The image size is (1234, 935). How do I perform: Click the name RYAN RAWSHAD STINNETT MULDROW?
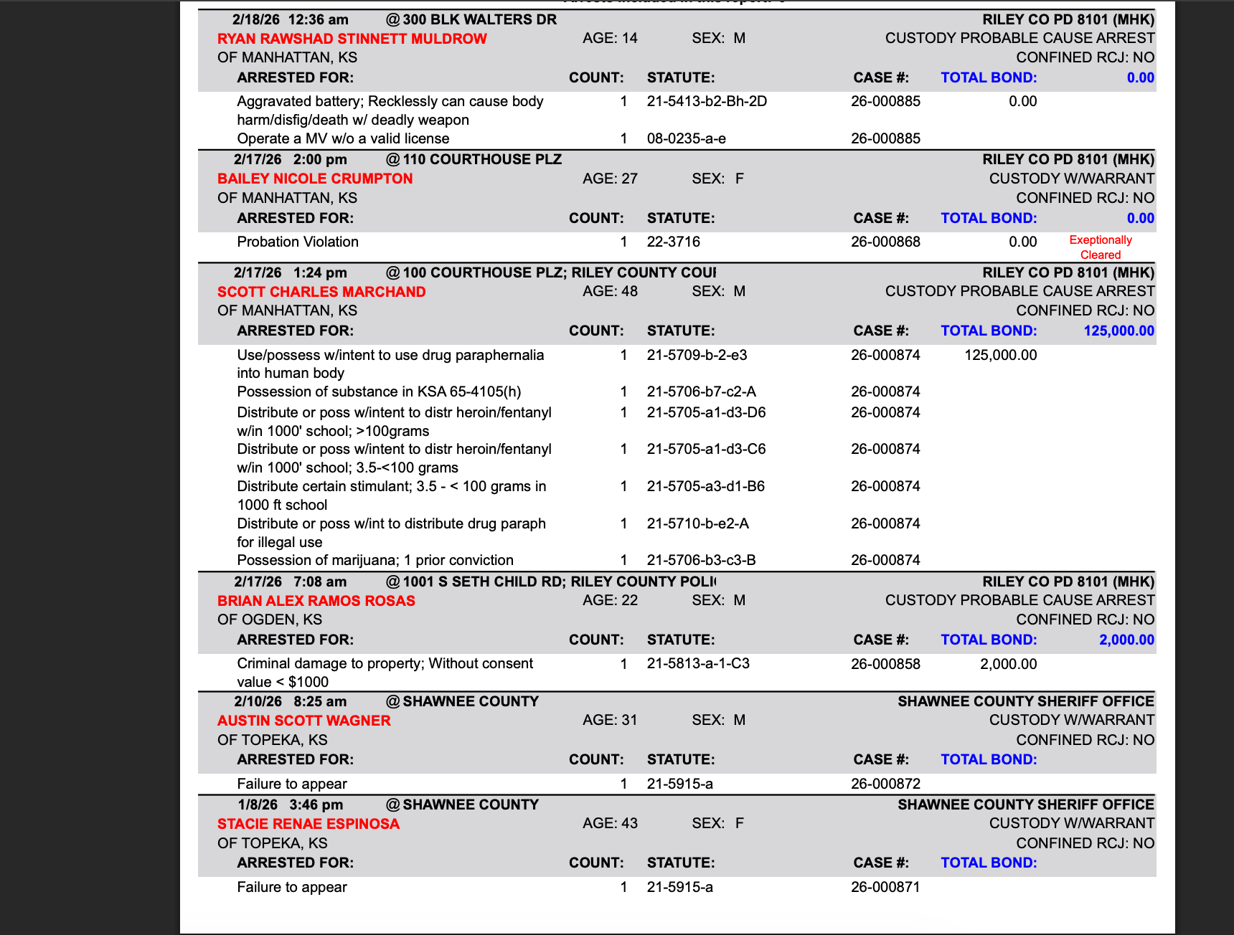coord(352,39)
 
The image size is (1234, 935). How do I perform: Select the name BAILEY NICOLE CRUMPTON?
coord(315,179)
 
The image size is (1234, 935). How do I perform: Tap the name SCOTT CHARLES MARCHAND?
coord(321,292)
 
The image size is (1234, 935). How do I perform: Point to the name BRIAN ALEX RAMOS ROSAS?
coord(316,601)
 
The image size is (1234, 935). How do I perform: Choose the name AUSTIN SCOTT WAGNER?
coord(304,721)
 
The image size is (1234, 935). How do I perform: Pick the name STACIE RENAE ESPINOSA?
coord(308,824)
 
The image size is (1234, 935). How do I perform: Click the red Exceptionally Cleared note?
coord(1100,247)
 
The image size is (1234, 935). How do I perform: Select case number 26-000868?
coord(885,242)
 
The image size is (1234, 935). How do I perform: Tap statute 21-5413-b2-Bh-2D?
coord(707,101)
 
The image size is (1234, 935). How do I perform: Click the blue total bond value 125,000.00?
coord(1118,331)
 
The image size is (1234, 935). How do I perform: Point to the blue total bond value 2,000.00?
coord(1126,640)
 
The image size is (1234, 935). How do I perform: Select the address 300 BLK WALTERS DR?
coord(479,19)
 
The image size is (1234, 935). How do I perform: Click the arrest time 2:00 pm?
coord(320,159)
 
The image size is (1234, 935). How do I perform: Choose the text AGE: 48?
coord(610,291)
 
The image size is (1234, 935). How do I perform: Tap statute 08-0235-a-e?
coord(686,138)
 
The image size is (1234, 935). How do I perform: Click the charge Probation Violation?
coord(298,242)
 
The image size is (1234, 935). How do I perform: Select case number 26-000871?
coord(885,887)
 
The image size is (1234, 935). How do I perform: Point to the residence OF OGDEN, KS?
coord(270,620)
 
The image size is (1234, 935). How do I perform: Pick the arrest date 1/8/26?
coord(258,805)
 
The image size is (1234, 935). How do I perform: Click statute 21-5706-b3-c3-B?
coord(701,560)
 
